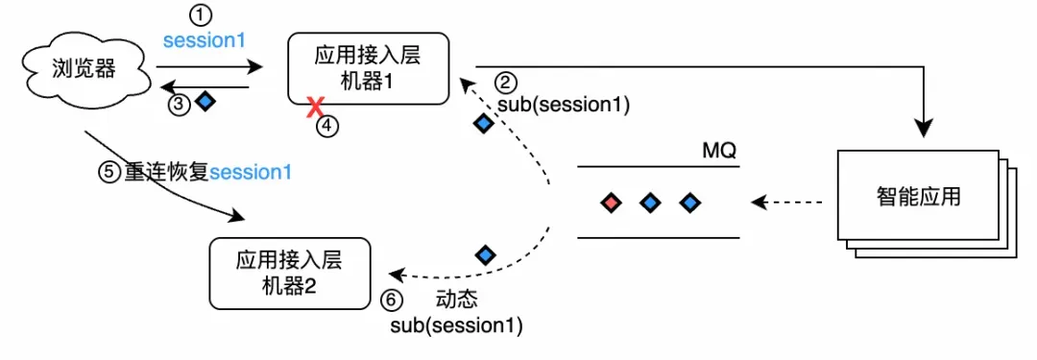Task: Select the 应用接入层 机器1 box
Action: pyautogui.click(x=368, y=69)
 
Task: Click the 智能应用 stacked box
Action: pyautogui.click(x=918, y=200)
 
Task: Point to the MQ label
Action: pyautogui.click(x=720, y=152)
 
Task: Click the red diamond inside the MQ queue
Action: pyautogui.click(x=610, y=203)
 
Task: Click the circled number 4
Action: pyautogui.click(x=328, y=126)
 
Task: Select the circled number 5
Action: pyautogui.click(x=110, y=173)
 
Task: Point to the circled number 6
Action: pyautogui.click(x=390, y=300)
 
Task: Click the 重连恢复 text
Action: pyautogui.click(x=165, y=173)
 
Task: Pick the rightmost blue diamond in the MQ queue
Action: pyautogui.click(x=687, y=203)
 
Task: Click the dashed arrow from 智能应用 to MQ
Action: pyautogui.click(x=787, y=203)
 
